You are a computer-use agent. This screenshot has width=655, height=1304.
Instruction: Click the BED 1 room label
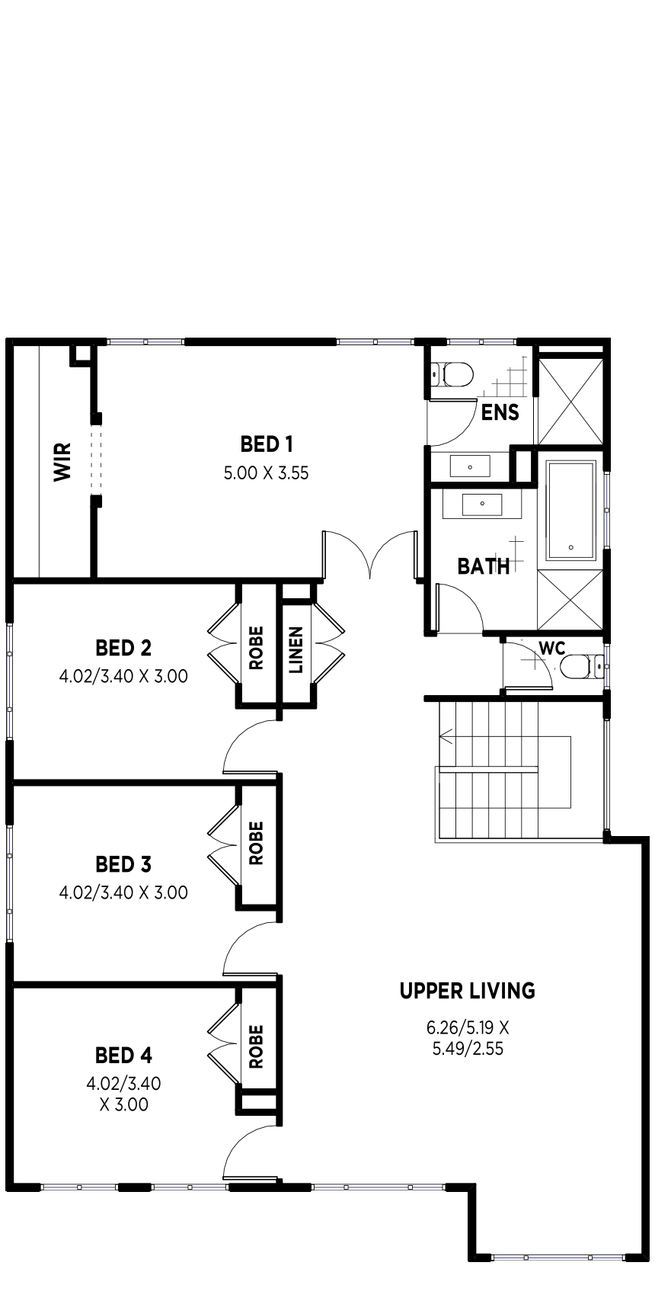pyautogui.click(x=267, y=444)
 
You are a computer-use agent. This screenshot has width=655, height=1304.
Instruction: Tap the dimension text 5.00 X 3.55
pyautogui.click(x=267, y=473)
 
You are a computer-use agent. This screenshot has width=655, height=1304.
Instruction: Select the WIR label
pyautogui.click(x=62, y=461)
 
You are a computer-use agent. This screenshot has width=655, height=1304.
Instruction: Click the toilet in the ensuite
pyautogui.click(x=452, y=374)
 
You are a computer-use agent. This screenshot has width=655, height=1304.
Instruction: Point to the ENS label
pyautogui.click(x=500, y=413)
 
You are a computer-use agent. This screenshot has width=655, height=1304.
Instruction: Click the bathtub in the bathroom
pyautogui.click(x=570, y=510)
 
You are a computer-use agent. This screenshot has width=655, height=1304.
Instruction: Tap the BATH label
pyautogui.click(x=484, y=565)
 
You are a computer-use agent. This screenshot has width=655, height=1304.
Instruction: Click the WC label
pyautogui.click(x=552, y=649)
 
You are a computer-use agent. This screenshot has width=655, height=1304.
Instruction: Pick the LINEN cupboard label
pyautogui.click(x=296, y=649)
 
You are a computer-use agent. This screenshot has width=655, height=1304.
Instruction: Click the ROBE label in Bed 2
pyautogui.click(x=256, y=648)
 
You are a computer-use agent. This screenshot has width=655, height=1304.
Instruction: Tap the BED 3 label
pyautogui.click(x=123, y=864)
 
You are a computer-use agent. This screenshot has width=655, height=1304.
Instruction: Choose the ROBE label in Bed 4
pyautogui.click(x=256, y=1046)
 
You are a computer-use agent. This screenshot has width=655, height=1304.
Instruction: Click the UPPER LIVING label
pyautogui.click(x=467, y=991)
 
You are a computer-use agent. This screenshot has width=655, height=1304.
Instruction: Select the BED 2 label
pyautogui.click(x=123, y=647)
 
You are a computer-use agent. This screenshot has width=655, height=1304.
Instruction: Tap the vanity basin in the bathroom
pyautogui.click(x=481, y=504)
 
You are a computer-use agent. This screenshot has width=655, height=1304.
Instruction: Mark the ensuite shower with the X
pyautogui.click(x=570, y=402)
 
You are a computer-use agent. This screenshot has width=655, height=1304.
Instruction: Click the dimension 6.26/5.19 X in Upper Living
pyautogui.click(x=468, y=1028)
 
